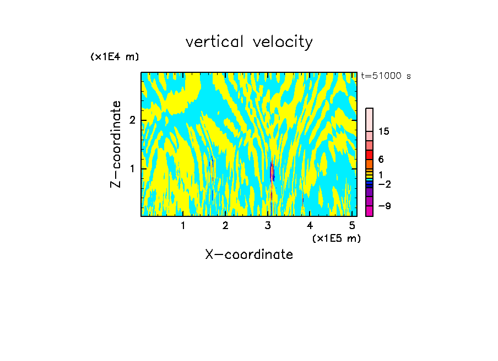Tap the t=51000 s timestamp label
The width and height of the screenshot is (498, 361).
click(386, 76)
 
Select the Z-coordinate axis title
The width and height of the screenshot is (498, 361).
click(116, 144)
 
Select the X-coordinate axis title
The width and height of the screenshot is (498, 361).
click(249, 254)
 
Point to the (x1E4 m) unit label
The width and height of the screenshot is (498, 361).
click(115, 57)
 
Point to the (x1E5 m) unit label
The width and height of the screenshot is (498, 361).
click(336, 238)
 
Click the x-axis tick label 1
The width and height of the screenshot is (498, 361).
click(183, 225)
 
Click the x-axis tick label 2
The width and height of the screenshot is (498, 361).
click(225, 225)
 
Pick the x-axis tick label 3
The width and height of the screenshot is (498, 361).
click(268, 225)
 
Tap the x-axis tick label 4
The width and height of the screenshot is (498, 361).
click(310, 225)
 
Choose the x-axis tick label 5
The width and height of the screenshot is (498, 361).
click(352, 225)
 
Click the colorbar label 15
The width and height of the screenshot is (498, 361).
click(384, 131)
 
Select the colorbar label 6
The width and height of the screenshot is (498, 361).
click(381, 160)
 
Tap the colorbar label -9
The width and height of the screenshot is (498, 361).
click(385, 206)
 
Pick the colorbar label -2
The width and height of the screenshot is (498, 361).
click(385, 184)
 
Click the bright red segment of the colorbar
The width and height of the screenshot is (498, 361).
click(369, 155)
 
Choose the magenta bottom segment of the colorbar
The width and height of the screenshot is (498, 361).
click(369, 211)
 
